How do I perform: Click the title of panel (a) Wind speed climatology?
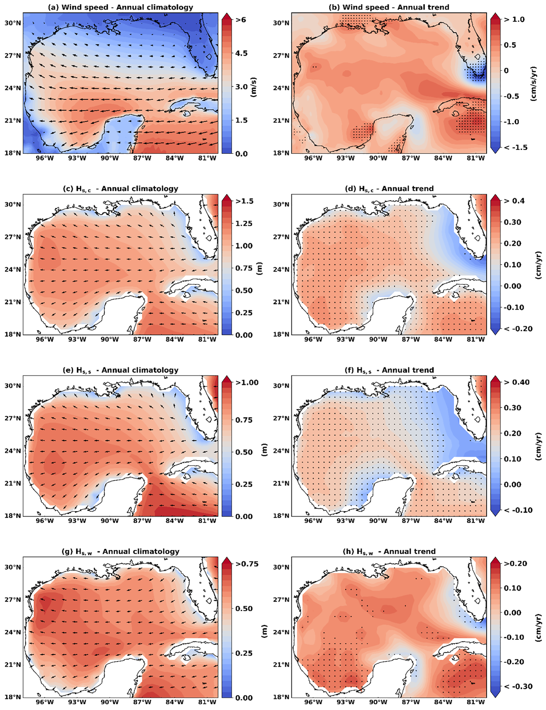click(x=120, y=7)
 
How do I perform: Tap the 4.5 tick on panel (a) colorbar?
click(x=241, y=53)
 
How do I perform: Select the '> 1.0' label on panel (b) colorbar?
click(x=514, y=20)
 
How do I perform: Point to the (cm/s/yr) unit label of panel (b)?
click(x=533, y=84)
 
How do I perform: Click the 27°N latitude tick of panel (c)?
click(x=13, y=237)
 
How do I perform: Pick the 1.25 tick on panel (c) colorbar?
click(x=244, y=223)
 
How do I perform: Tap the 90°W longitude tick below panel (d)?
click(x=378, y=339)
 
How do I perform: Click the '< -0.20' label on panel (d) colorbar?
click(x=518, y=329)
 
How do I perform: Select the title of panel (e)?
click(x=120, y=370)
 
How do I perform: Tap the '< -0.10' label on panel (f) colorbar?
click(x=518, y=510)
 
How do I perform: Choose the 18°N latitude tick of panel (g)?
click(x=13, y=697)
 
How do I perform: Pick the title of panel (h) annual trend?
click(x=389, y=551)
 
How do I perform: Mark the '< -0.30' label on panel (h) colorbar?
click(x=518, y=686)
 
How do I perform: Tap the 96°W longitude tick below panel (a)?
click(x=45, y=158)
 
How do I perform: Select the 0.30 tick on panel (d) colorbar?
click(x=512, y=222)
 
